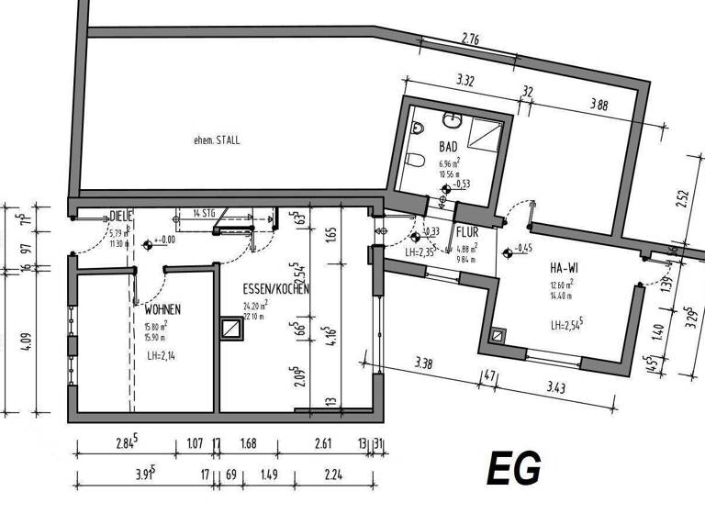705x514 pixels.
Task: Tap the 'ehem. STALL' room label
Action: click(x=217, y=140)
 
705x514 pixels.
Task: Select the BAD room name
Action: click(x=448, y=147)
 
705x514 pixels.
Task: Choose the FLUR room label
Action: click(x=467, y=233)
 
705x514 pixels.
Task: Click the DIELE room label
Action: click(x=121, y=217)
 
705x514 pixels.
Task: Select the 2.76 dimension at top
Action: click(x=471, y=39)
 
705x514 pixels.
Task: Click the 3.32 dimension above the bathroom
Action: click(x=465, y=82)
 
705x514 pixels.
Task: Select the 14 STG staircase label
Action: click(x=203, y=214)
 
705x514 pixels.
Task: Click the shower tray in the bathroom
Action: click(x=486, y=137)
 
